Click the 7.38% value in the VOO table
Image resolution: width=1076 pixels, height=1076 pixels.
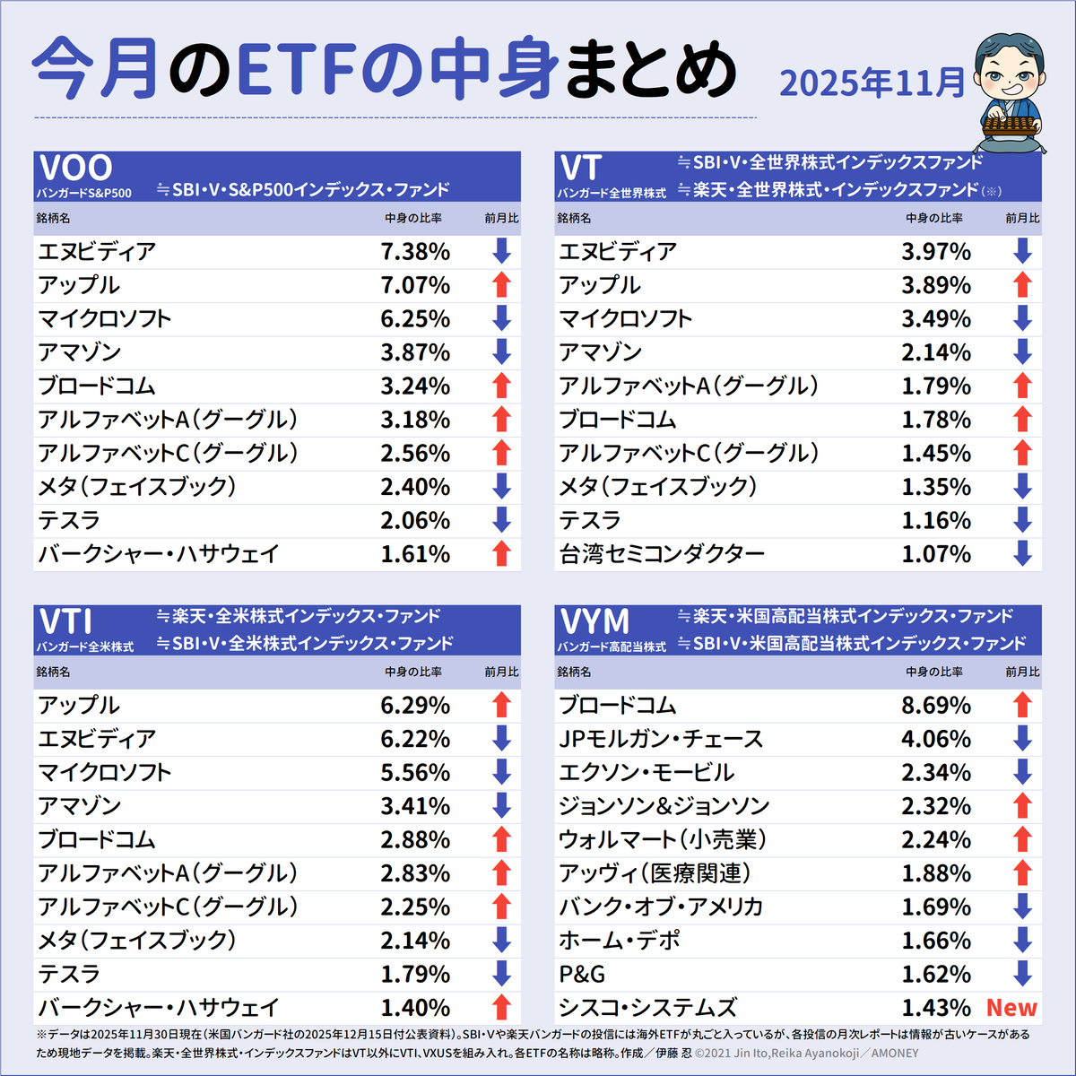415,252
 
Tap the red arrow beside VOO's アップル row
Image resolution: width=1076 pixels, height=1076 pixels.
501,285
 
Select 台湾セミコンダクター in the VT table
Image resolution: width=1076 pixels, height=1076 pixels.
662,554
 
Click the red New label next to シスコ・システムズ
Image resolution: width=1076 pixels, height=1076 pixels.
1011,1008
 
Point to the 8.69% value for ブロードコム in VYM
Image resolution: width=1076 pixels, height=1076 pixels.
936,706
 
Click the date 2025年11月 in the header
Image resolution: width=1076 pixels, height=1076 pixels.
872,82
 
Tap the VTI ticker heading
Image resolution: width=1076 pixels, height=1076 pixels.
66,620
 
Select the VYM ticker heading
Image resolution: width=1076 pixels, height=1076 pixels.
594,620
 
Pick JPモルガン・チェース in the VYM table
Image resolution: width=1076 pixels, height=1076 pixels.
661,739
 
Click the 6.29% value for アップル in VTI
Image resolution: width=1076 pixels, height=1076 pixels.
415,706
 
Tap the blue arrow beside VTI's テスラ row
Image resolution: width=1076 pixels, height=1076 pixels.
501,974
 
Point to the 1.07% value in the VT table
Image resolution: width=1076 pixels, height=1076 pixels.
936,554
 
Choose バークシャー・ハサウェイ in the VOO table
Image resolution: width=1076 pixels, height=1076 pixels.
159,554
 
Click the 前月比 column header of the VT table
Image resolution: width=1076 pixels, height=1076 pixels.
1022,218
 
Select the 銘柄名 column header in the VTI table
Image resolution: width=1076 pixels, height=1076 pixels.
53,672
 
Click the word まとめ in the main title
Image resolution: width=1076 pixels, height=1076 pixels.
650,70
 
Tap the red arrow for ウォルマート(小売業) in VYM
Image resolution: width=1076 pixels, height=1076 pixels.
1022,839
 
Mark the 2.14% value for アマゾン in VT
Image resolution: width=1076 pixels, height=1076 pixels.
936,352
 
